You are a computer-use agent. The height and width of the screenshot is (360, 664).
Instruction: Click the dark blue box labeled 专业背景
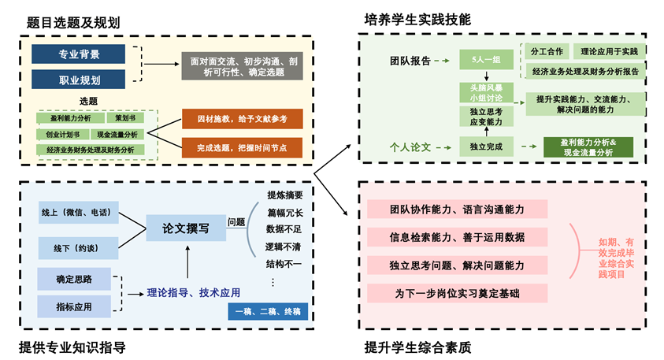pyautogui.click(x=78, y=54)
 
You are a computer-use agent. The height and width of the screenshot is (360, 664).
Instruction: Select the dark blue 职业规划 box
pyautogui.click(x=78, y=80)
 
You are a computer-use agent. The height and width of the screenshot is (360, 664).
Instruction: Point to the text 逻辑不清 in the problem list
pyautogui.click(x=284, y=245)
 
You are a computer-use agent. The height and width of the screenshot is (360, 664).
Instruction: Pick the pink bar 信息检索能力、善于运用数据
pyautogui.click(x=458, y=236)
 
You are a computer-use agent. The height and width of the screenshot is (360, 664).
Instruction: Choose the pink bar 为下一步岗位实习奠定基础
pyautogui.click(x=458, y=293)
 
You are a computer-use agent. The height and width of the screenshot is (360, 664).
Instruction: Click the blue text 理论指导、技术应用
pyautogui.click(x=193, y=292)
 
